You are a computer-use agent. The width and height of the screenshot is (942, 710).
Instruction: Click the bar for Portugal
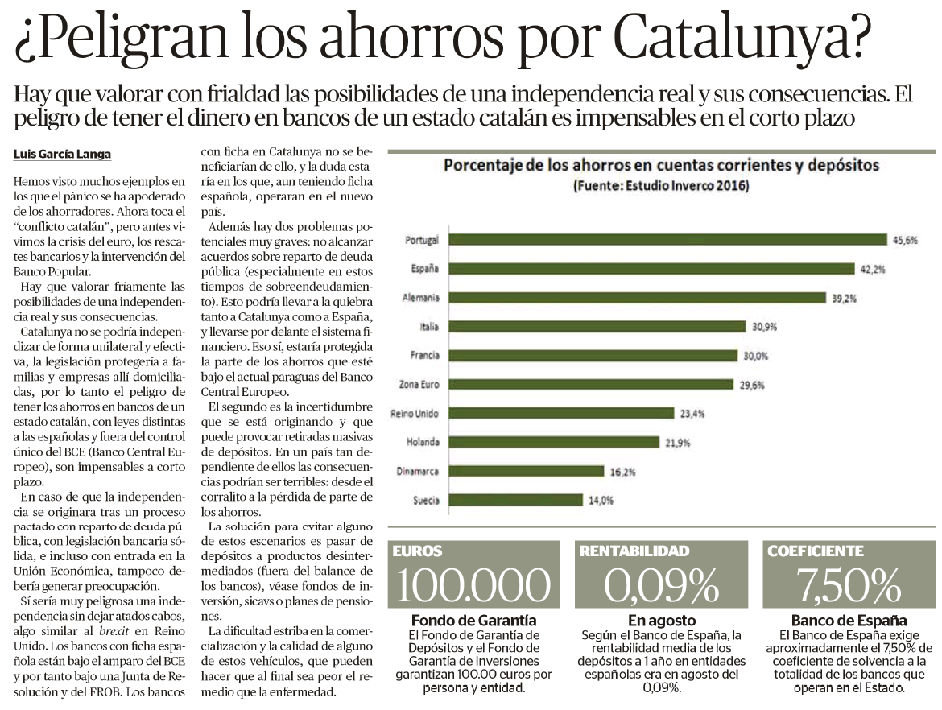click(668, 240)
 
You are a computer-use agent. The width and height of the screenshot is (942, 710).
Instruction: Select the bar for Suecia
click(515, 500)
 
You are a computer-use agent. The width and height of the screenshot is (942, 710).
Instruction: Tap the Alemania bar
click(638, 298)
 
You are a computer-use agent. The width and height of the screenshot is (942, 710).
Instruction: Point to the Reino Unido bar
click(561, 413)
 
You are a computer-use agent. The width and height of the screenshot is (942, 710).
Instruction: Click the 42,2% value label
click(873, 269)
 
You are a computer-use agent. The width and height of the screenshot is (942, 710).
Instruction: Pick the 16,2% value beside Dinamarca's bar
click(622, 472)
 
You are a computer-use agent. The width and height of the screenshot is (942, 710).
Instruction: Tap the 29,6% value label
click(751, 385)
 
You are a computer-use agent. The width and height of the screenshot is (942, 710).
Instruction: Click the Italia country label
click(429, 327)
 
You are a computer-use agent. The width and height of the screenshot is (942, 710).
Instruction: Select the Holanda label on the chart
click(423, 442)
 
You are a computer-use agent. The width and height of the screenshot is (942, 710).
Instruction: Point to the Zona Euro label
click(419, 385)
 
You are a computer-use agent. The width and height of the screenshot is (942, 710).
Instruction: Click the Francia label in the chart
click(425, 356)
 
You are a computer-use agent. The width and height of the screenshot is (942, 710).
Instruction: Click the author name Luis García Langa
click(63, 155)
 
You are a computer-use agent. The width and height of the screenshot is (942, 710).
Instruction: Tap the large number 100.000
click(473, 584)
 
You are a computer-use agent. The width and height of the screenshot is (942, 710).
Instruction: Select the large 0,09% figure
click(662, 584)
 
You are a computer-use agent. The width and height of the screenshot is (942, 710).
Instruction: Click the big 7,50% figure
click(849, 584)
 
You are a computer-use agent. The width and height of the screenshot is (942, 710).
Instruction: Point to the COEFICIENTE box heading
click(816, 551)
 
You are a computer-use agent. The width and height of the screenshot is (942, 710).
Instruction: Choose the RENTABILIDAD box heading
click(634, 551)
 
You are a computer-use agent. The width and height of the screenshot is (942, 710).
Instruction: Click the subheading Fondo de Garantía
click(474, 621)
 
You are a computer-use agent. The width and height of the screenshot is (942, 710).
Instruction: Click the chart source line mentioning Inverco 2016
click(661, 186)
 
